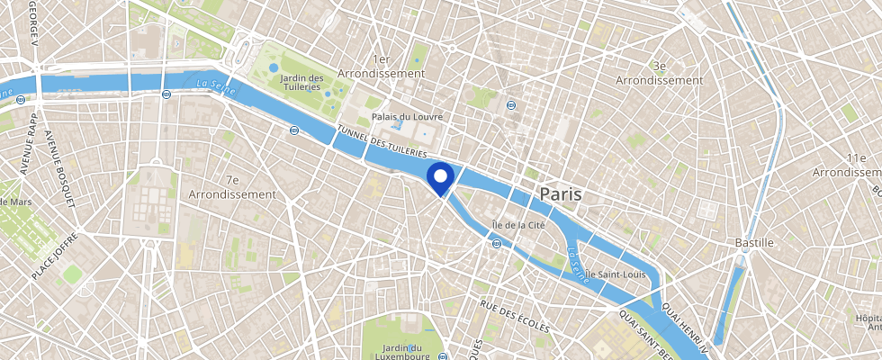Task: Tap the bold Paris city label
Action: (x=560, y=193)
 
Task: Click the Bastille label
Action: (x=754, y=243)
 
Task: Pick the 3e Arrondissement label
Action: (x=659, y=73)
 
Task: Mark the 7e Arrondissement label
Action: (x=232, y=187)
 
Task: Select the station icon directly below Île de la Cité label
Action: (x=497, y=243)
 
